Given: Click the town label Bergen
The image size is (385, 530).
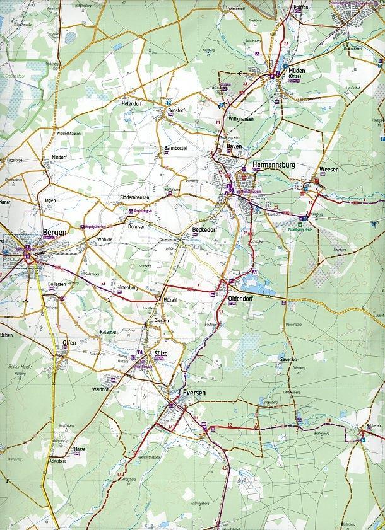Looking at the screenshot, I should pyautogui.click(x=54, y=233).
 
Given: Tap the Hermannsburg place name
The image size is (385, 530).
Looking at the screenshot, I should pyautogui.click(x=269, y=165).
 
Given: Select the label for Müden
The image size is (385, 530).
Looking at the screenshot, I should pyautogui.click(x=296, y=71).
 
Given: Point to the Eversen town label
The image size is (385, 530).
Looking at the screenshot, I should pyautogui.click(x=193, y=393).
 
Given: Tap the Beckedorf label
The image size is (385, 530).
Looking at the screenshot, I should pyautogui.click(x=204, y=229).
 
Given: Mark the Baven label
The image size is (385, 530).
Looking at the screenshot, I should pyautogui.click(x=235, y=146).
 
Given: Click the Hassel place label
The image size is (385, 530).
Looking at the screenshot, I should pyautogui.click(x=80, y=449).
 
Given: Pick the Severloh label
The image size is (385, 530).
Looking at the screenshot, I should pyautogui.click(x=288, y=359).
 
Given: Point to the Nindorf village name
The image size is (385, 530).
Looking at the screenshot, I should pyautogui.click(x=59, y=156).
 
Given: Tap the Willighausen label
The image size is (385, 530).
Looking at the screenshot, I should pyautogui.click(x=243, y=118).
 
